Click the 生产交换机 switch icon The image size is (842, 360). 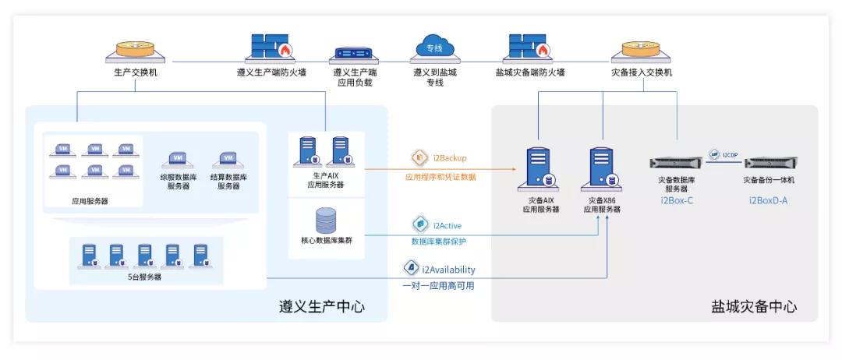click(x=135, y=49)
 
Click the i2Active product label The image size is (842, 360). click(x=447, y=226)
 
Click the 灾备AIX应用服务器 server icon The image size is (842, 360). click(x=540, y=168)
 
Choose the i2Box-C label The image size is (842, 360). click(x=676, y=199)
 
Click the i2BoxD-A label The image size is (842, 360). click(x=768, y=199)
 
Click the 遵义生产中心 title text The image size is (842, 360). click(x=321, y=307)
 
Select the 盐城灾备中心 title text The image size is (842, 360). click(x=754, y=307)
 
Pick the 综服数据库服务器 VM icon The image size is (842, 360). click(x=178, y=160)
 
